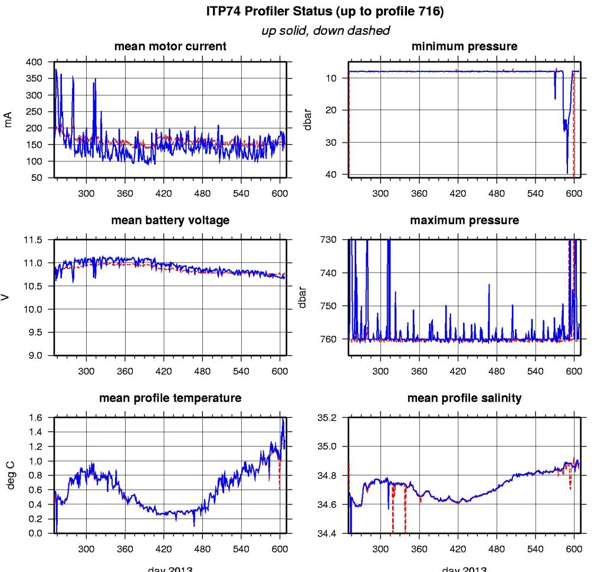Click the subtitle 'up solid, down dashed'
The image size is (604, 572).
325,31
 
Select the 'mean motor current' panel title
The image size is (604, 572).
170,46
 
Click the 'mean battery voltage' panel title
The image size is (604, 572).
170,220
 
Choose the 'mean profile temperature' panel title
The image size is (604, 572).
170,398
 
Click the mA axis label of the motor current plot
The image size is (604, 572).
8,120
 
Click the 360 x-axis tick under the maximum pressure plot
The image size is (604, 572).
419,371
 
